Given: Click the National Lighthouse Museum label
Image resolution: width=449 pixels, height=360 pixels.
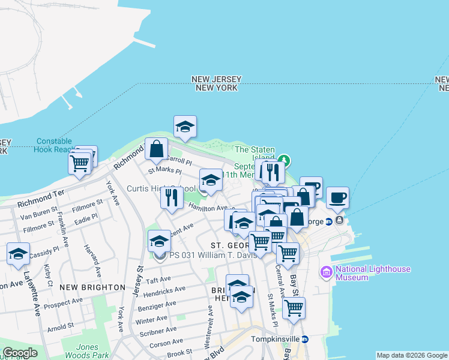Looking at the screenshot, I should tap(373, 273).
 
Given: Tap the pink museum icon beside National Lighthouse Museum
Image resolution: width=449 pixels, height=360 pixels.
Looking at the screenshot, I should tap(327, 273).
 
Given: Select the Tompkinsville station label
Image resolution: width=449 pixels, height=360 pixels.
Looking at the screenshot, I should tap(273, 339).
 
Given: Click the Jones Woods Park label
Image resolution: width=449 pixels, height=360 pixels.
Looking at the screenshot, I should tap(87, 351).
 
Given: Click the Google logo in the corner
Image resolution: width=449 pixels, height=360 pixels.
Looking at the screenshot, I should tap(20, 353).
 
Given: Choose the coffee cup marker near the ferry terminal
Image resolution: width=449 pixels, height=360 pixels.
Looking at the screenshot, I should tap(337, 197).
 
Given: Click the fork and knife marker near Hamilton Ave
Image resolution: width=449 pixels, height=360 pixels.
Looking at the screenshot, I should tap(172, 197).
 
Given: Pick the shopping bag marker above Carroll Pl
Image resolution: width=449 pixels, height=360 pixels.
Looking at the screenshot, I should tap(156, 148).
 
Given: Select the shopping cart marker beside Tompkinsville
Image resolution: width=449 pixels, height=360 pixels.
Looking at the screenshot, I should tap(293, 308).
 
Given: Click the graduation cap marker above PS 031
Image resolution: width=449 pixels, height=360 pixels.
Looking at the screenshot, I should tap(158, 241).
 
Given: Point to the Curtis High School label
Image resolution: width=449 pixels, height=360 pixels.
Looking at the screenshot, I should tap(161, 188).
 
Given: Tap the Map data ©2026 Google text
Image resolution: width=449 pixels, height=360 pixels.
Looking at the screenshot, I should tap(412, 355).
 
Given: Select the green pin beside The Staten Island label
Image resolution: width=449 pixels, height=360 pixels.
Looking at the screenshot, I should tap(286, 161).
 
